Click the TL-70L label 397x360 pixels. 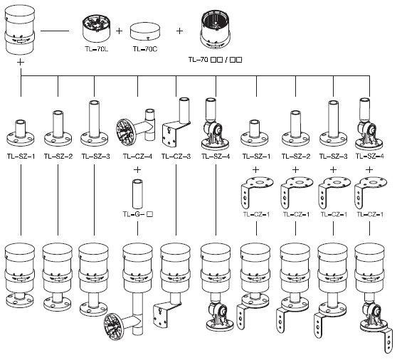[x=97, y=49]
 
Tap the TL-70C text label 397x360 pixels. [x=145, y=49]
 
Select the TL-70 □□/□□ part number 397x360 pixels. [x=215, y=60]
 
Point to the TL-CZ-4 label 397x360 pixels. [x=138, y=157]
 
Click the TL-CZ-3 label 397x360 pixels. [x=176, y=157]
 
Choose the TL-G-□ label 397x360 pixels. [x=138, y=214]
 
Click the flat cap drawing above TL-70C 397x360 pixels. [x=145, y=32]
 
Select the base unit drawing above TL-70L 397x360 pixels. [x=96, y=28]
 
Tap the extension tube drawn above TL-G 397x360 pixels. [x=137, y=194]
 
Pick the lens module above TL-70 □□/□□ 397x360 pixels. [x=216, y=30]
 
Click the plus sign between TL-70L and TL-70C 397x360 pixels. [x=119, y=31]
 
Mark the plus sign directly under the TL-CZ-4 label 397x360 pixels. [x=137, y=169]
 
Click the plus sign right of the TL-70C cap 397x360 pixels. [x=179, y=31]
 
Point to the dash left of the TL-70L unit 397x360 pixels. [x=55, y=31]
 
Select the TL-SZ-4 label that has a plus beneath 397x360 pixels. [x=370, y=157]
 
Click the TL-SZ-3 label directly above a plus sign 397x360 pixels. [x=334, y=157]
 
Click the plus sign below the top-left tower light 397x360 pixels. [x=21, y=62]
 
